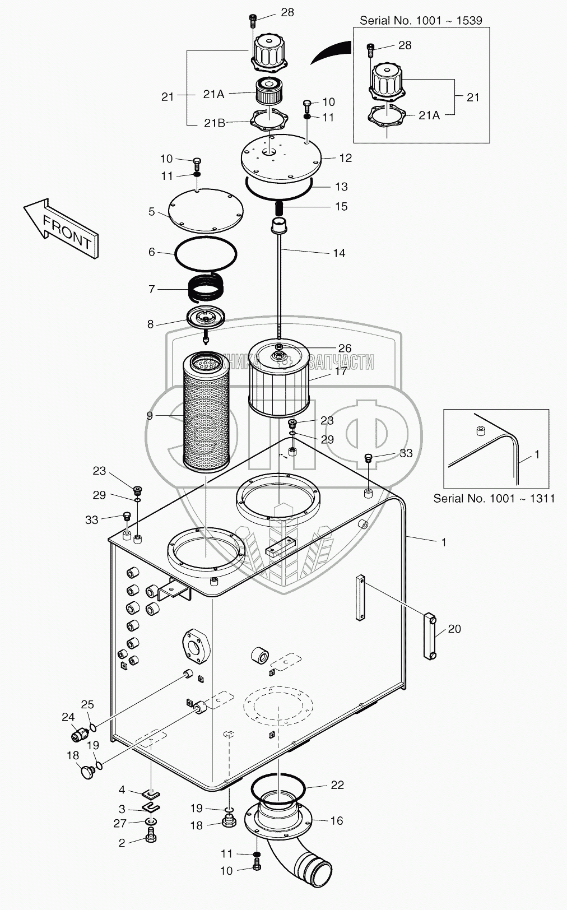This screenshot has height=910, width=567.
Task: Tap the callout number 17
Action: tap(341, 371)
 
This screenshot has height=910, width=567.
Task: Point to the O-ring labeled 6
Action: tap(206, 255)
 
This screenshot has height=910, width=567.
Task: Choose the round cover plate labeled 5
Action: tap(206, 211)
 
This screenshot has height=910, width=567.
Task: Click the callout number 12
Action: tap(345, 159)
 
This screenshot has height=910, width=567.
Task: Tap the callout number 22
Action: tap(337, 785)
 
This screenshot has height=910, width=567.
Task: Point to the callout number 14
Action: tap(339, 253)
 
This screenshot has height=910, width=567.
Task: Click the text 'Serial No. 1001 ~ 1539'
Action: tap(421, 21)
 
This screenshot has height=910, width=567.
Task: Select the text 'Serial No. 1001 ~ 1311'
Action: tap(494, 498)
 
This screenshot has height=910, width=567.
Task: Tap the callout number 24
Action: tap(68, 717)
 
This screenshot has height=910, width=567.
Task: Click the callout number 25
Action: tap(87, 705)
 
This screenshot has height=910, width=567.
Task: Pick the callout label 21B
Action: tap(214, 123)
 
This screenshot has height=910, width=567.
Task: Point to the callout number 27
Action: tap(120, 823)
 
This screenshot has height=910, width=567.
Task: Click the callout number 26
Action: tap(345, 349)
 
